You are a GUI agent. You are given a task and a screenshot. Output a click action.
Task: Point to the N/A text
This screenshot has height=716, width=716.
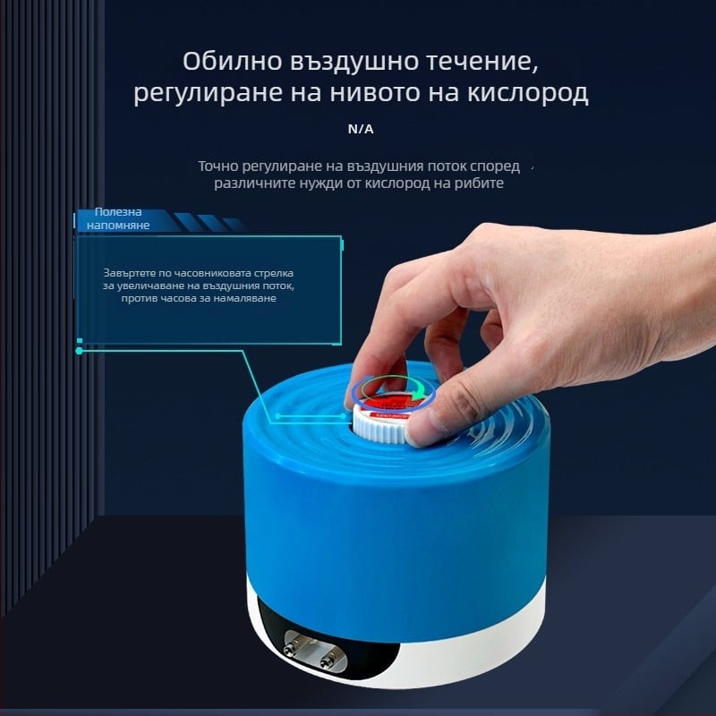(361, 129)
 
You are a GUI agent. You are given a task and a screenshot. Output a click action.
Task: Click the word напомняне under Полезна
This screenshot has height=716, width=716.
(118, 225)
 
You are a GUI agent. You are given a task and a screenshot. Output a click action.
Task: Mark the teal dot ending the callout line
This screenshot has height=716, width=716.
(80, 351)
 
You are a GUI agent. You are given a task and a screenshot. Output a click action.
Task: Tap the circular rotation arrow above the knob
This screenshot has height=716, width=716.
(394, 388)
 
